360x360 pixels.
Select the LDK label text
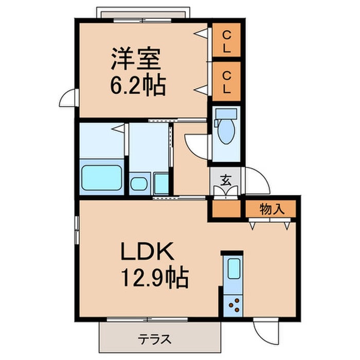coord(149,254)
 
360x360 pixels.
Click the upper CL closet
coord(226,41)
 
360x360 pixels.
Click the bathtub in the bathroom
coord(102,178)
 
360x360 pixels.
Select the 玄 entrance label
coord(225,181)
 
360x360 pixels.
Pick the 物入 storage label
coord(271,209)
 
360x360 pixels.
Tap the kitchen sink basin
coord(234,268)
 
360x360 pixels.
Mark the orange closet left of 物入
coord(225,210)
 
